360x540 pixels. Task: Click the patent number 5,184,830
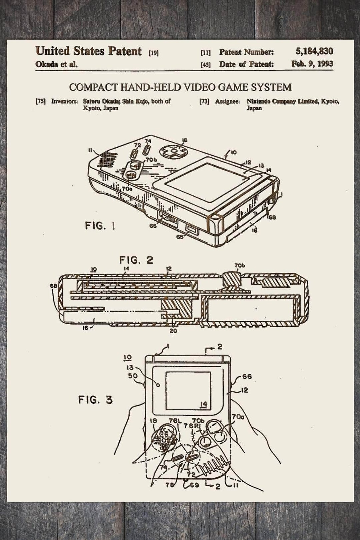tap(314, 52)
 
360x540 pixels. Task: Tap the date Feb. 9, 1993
tap(312, 64)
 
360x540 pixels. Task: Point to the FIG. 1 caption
tap(100, 226)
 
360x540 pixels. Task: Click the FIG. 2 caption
tap(136, 260)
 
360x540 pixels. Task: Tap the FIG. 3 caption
tap(95, 400)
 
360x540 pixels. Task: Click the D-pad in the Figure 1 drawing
tap(173, 151)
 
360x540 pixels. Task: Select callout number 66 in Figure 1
tap(153, 226)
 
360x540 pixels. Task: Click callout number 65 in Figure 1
tap(180, 237)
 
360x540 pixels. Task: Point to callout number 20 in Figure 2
tap(173, 331)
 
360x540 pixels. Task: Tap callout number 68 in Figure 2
tap(53, 286)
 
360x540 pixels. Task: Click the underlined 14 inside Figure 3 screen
tap(204, 404)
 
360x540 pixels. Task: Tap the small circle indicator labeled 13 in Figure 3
tap(158, 385)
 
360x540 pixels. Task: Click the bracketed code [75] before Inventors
tap(41, 101)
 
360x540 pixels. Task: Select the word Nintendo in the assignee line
tap(258, 101)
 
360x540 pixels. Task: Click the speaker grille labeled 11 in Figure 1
tap(106, 159)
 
